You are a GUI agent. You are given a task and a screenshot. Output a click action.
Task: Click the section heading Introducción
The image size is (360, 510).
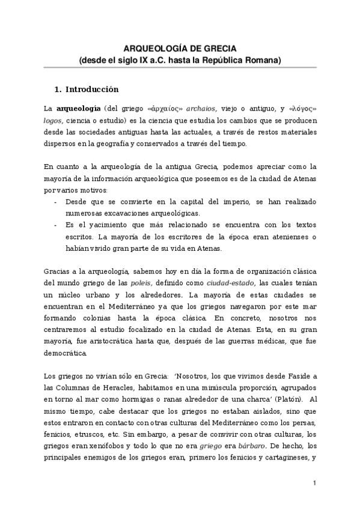(92, 90)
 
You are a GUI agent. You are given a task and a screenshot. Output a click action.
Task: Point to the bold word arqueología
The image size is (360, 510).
(75, 109)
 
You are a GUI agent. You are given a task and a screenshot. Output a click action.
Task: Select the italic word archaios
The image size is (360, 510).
(201, 109)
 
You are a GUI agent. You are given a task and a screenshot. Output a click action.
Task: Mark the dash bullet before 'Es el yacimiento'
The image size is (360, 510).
(55, 225)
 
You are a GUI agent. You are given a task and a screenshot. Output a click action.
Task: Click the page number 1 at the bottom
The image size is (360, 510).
(314, 483)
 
